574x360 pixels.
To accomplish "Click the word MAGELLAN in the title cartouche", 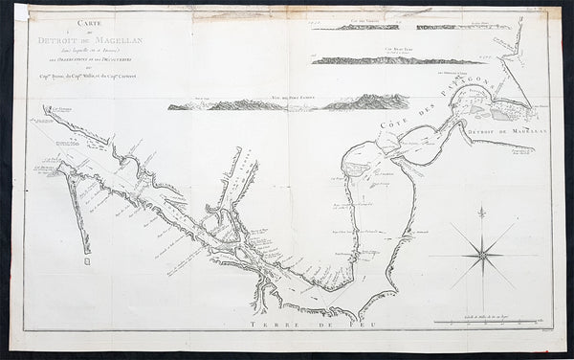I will (x=114, y=43).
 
